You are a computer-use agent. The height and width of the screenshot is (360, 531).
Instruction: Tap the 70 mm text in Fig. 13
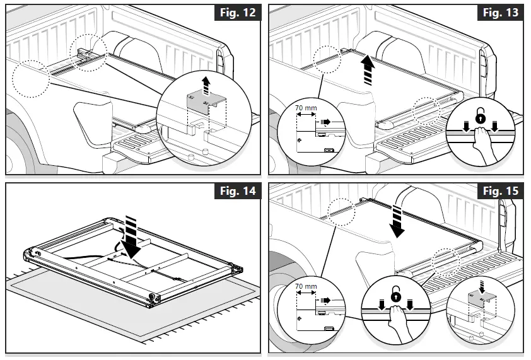coord(306,108)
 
